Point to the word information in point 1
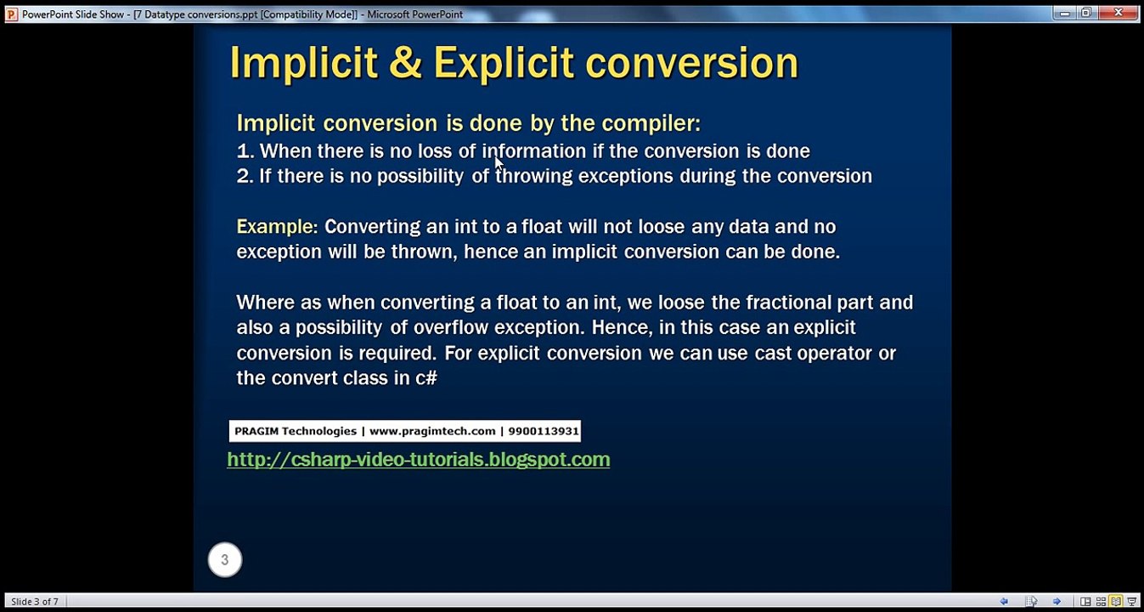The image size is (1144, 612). (x=533, y=151)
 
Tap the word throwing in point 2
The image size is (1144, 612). (x=533, y=176)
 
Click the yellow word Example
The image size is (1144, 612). (x=274, y=227)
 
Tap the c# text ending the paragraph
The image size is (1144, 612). (x=426, y=378)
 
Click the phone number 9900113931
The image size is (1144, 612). (x=544, y=431)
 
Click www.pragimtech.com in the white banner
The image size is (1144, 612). (x=432, y=431)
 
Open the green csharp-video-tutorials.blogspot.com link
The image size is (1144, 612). (x=418, y=460)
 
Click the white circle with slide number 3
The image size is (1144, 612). (x=225, y=559)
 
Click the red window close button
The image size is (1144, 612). (x=1119, y=13)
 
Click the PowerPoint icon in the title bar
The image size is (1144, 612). (x=11, y=14)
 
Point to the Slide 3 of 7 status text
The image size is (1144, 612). (x=35, y=602)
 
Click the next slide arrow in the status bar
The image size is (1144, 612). (x=1057, y=602)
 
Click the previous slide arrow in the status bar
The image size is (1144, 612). (x=1004, y=602)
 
